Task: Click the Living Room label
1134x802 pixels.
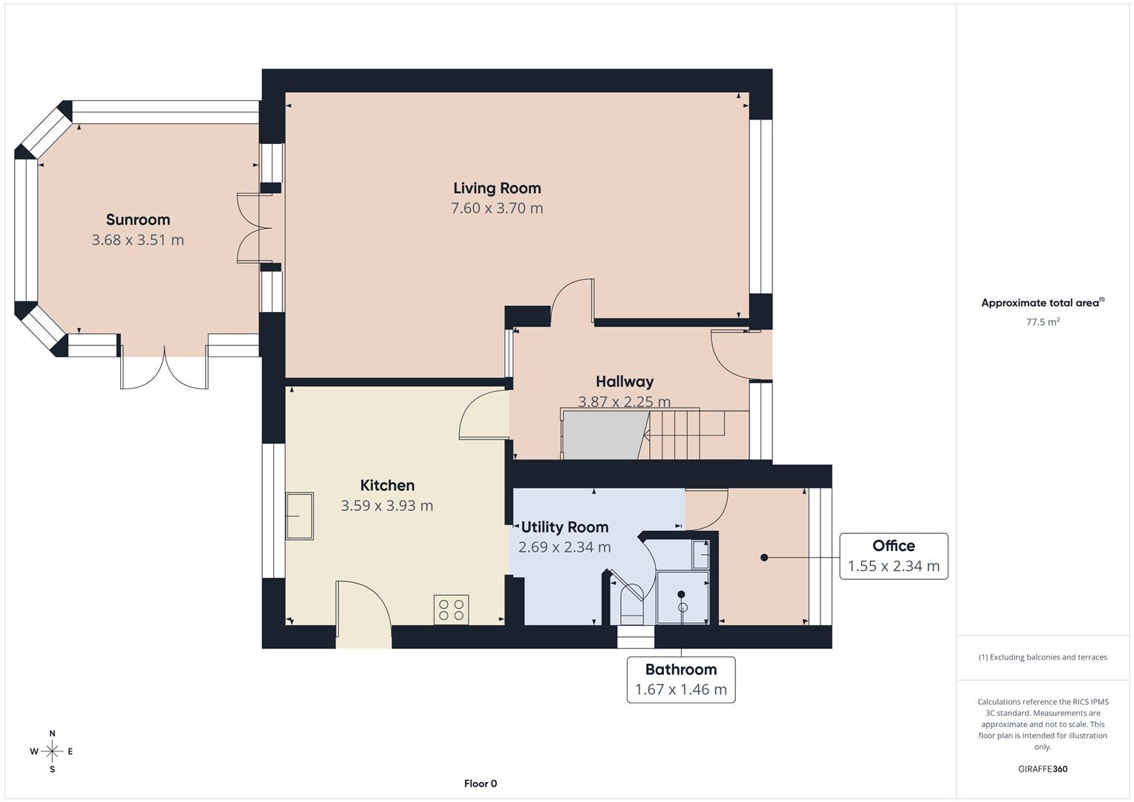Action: (x=497, y=188)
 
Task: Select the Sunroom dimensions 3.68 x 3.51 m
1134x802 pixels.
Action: (x=138, y=240)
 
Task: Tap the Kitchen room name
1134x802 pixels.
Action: (x=387, y=485)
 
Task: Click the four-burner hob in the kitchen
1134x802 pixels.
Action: (x=451, y=610)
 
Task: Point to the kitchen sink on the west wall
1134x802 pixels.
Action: (x=300, y=515)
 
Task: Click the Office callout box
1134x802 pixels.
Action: (x=893, y=556)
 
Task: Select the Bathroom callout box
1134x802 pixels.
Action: (x=680, y=679)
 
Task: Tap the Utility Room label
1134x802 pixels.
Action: (x=564, y=527)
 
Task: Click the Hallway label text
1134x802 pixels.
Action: (x=625, y=382)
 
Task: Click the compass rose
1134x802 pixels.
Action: (x=52, y=752)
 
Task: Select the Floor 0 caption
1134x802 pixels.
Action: (x=480, y=783)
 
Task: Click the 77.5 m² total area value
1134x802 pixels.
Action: (x=1043, y=322)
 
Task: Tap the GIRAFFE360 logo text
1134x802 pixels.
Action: (x=1043, y=769)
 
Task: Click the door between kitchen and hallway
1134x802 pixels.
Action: (x=483, y=416)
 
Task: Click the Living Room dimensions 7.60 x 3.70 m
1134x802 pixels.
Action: (x=497, y=208)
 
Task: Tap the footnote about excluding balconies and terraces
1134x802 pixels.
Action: (x=1043, y=657)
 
